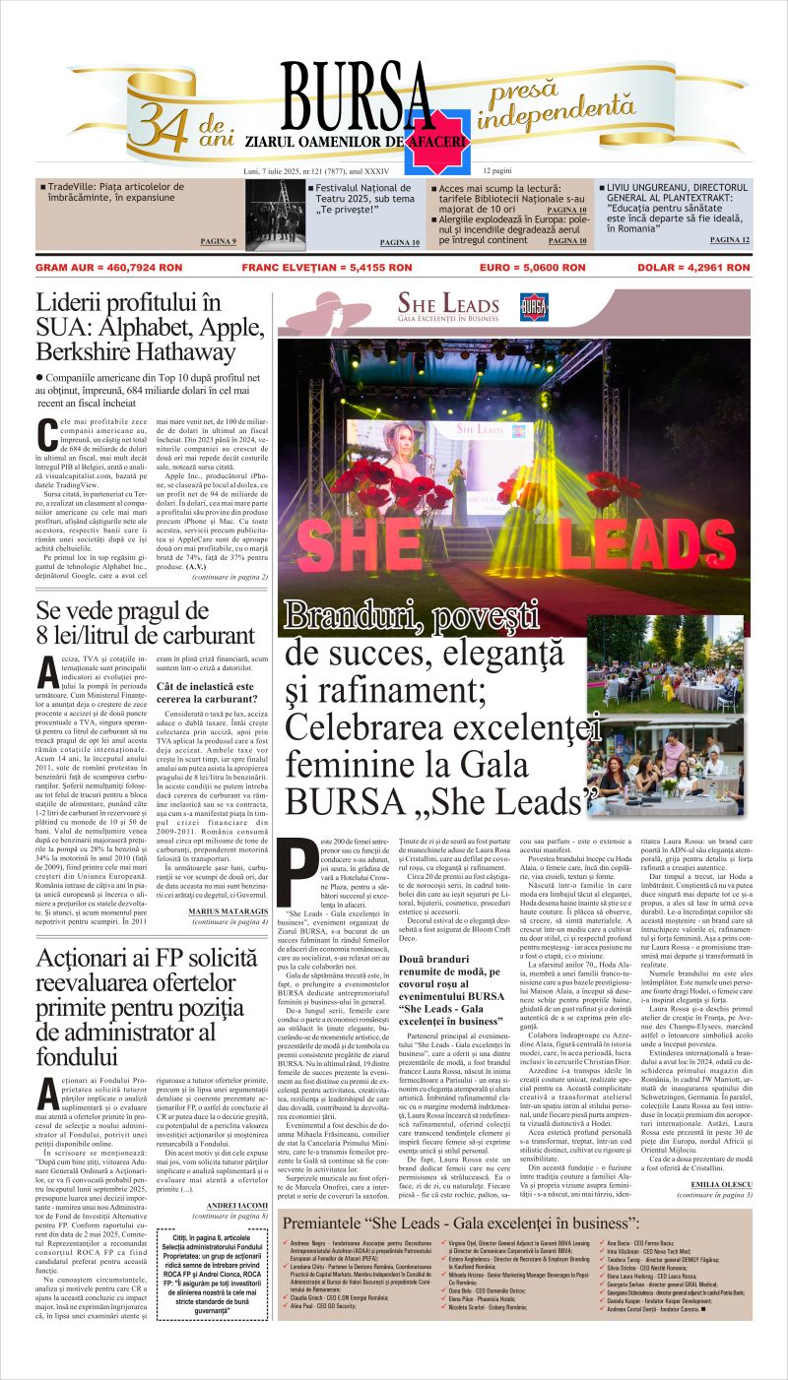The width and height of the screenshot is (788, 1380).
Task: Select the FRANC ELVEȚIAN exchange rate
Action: (327, 267)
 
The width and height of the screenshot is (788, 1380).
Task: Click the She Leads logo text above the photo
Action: (447, 306)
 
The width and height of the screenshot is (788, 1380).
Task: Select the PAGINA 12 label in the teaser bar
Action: (729, 240)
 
